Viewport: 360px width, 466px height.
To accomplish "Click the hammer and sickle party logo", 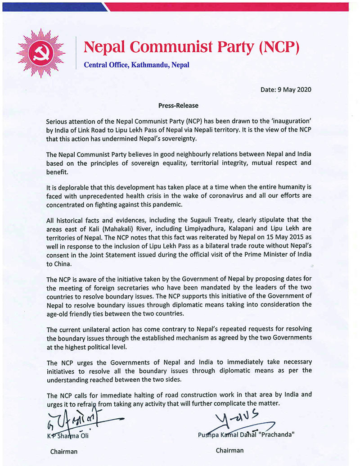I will (x=41, y=52).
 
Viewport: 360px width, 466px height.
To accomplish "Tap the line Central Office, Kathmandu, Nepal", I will (x=136, y=64).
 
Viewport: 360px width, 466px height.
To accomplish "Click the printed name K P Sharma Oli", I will (x=70, y=435).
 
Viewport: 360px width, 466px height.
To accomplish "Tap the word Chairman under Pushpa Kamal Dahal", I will (x=229, y=450).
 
